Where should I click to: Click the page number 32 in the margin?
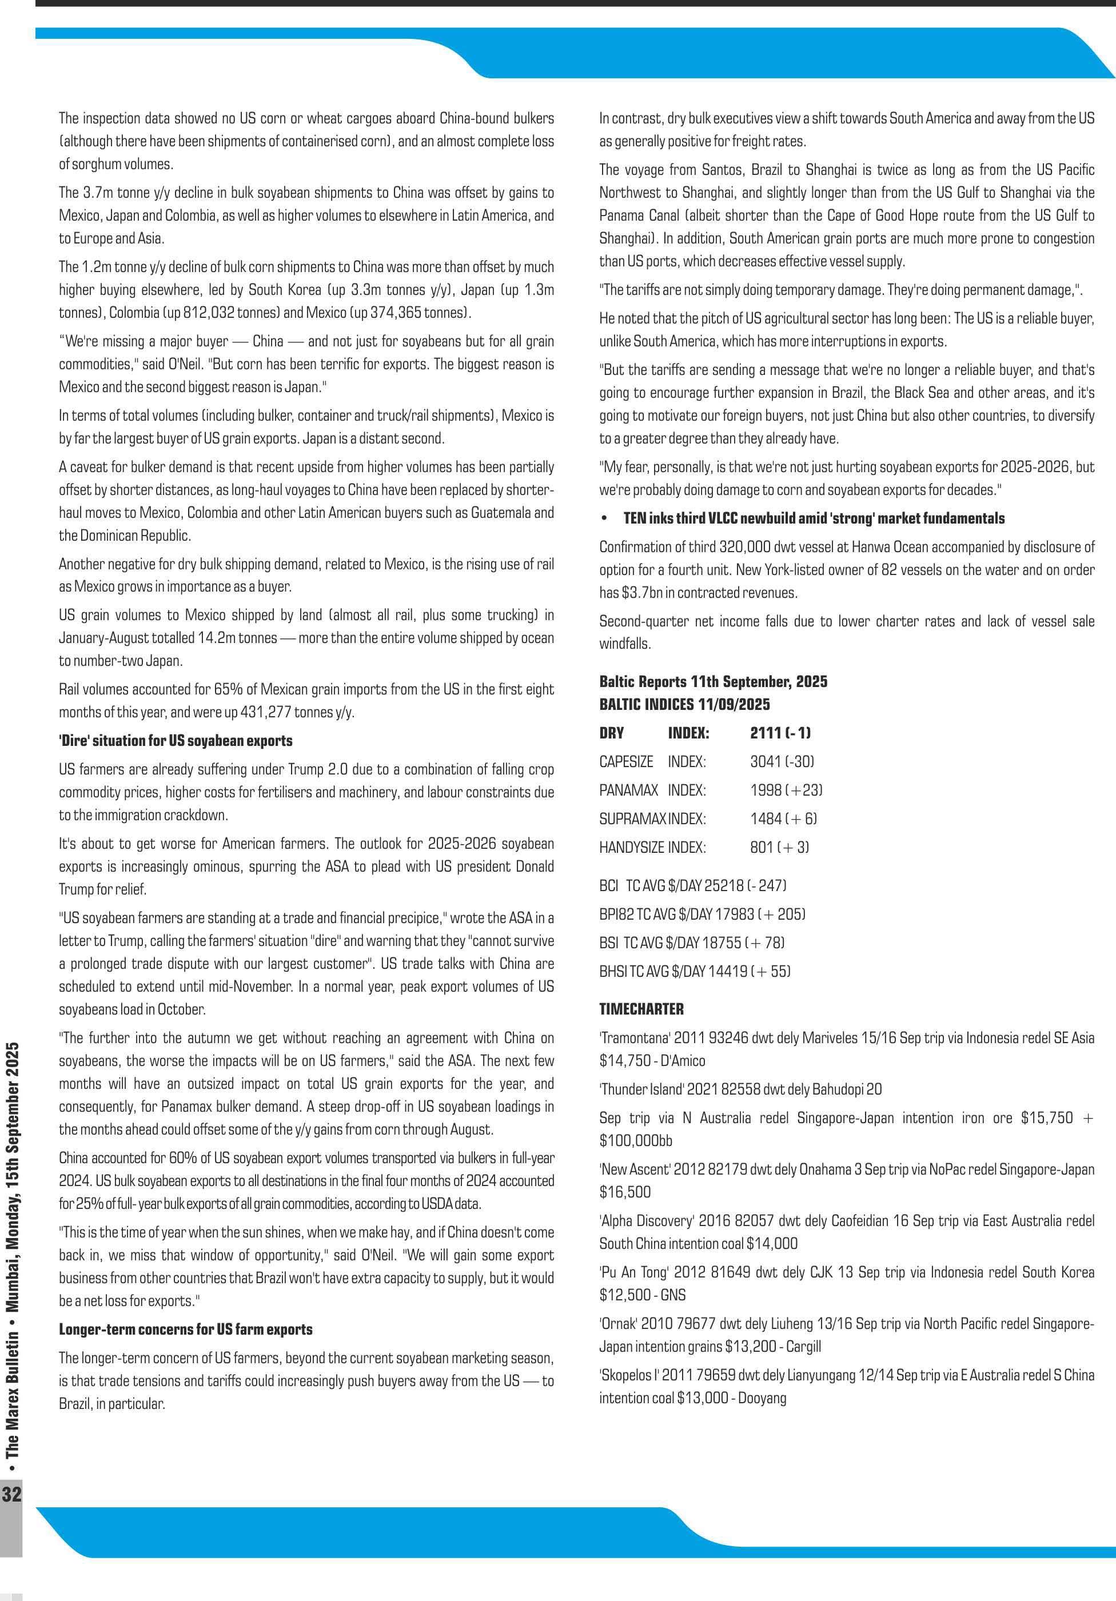[12, 1493]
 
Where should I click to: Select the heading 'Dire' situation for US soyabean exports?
[175, 741]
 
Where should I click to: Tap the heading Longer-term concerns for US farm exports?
[186, 1329]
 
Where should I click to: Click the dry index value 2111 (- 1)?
[780, 733]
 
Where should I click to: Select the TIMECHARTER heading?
[641, 1009]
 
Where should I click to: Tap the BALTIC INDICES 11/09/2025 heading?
[684, 704]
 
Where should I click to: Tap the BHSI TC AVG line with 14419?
[695, 971]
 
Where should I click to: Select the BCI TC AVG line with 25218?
[692, 885]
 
